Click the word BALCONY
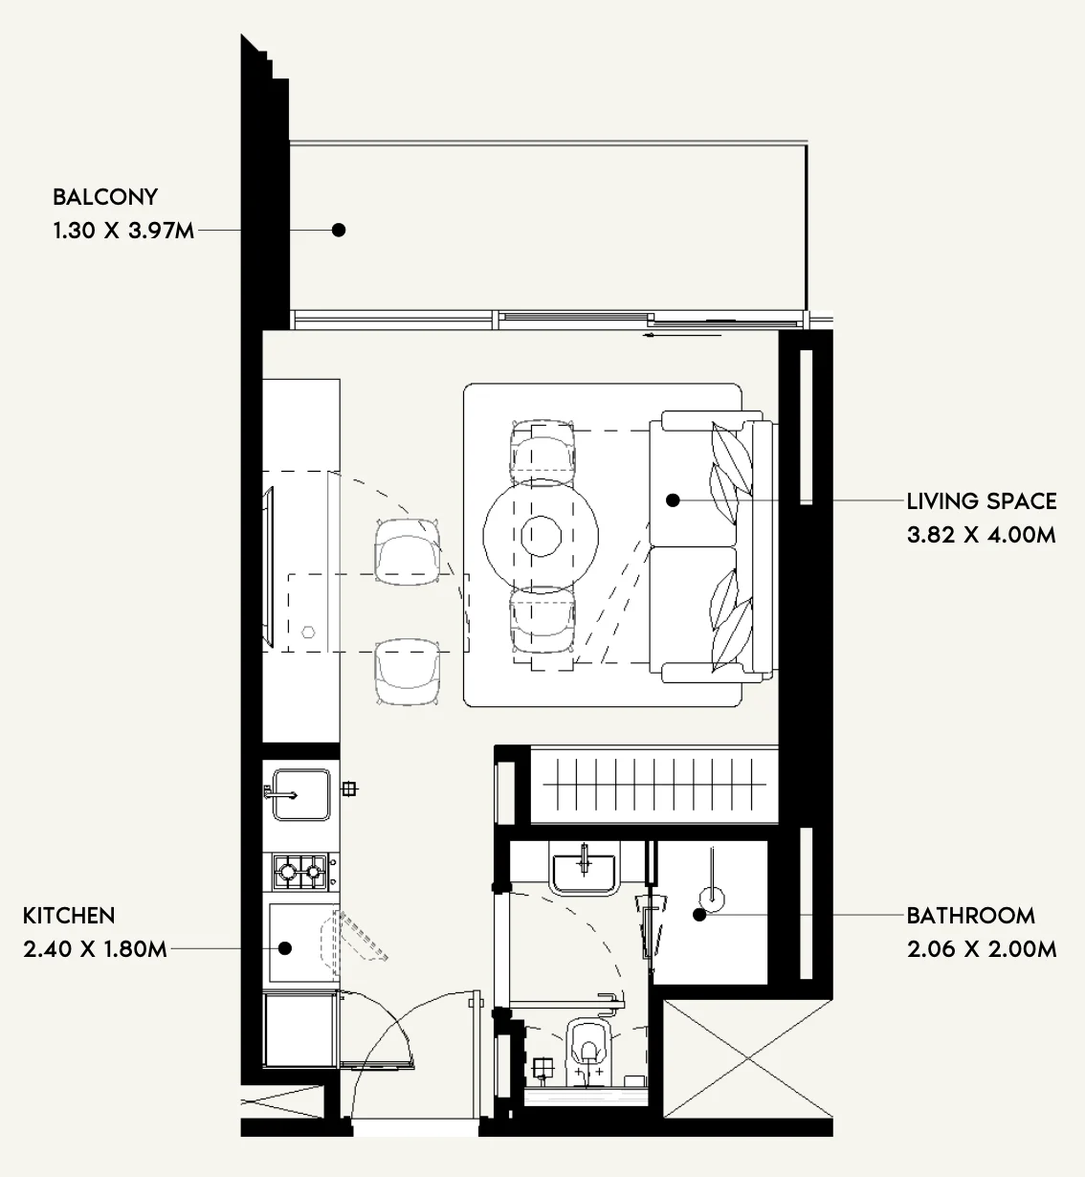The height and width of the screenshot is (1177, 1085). [x=105, y=197]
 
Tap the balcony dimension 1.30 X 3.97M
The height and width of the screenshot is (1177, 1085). [x=123, y=231]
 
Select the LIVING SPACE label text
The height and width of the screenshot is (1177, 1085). [x=982, y=501]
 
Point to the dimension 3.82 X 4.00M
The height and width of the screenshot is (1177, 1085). [x=982, y=535]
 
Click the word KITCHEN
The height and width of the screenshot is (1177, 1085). [x=69, y=916]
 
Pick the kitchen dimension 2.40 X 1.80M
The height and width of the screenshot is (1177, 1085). [x=95, y=949]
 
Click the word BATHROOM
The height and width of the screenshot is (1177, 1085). [x=970, y=916]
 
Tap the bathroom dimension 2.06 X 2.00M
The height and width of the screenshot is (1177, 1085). [x=982, y=949]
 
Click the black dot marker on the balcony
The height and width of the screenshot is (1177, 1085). [x=339, y=230]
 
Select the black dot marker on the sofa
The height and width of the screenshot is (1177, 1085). [x=673, y=500]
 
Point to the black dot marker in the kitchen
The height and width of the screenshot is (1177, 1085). [x=285, y=948]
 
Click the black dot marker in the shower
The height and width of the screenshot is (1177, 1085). [x=699, y=915]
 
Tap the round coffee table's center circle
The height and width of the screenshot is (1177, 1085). [x=541, y=536]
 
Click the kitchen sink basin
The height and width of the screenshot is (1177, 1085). [x=301, y=795]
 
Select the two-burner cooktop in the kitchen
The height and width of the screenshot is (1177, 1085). [x=300, y=872]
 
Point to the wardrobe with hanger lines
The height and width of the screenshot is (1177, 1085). [x=654, y=786]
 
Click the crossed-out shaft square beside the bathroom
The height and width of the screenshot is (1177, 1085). [x=748, y=1058]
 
